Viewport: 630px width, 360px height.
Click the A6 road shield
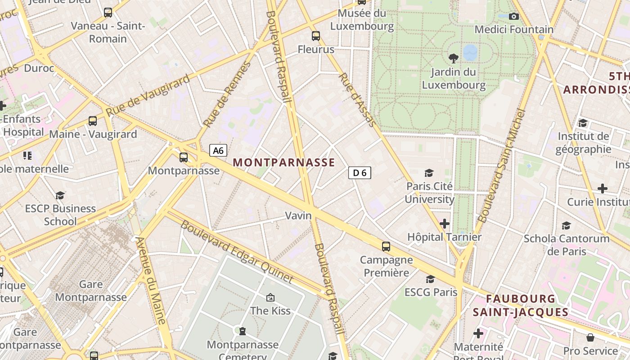(218, 150)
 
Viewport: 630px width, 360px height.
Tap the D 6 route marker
(360, 172)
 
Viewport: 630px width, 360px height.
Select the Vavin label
(298, 216)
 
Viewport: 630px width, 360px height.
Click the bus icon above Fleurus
(316, 36)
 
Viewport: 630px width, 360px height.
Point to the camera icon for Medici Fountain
(513, 17)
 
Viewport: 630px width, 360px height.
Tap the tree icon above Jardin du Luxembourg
(454, 58)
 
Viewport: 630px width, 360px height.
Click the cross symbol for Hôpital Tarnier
(445, 223)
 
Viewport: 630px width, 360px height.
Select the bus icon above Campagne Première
(386, 246)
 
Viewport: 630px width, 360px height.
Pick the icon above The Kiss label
(270, 297)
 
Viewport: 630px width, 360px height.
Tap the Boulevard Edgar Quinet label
(237, 252)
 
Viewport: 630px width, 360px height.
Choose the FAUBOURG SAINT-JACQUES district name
(521, 305)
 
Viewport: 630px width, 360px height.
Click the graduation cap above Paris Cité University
(429, 173)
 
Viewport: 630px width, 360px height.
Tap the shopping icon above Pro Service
(590, 337)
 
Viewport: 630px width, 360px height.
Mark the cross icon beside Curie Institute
(603, 189)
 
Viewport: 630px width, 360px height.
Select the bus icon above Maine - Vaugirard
(93, 121)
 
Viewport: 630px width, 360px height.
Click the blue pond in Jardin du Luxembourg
(470, 52)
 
